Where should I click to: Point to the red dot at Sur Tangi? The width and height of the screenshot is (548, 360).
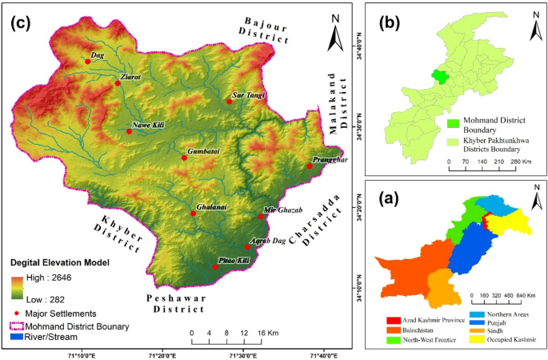[x=229, y=102]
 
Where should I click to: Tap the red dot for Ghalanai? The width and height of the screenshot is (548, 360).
[x=194, y=214]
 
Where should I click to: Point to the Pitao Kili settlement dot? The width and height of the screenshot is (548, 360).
[x=215, y=266]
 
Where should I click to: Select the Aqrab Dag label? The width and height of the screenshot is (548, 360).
[x=268, y=241]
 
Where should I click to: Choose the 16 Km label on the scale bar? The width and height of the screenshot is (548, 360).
[x=267, y=333]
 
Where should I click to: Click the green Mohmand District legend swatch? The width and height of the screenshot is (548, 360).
[x=452, y=123]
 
